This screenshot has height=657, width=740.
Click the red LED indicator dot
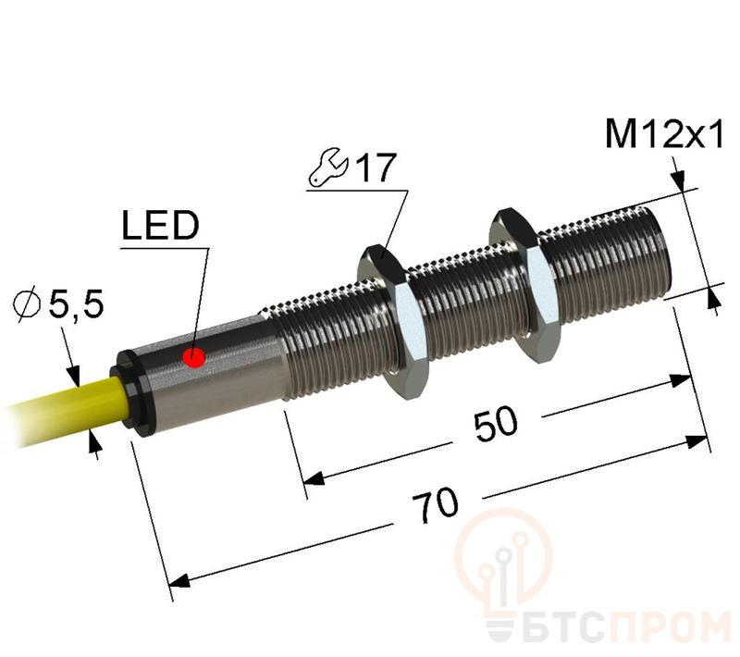(x=195, y=357)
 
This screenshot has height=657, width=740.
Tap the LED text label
(x=159, y=225)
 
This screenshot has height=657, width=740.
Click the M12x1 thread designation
(x=662, y=136)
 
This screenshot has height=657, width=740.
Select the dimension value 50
(x=496, y=423)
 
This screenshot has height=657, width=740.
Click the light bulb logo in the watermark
(x=504, y=564)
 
